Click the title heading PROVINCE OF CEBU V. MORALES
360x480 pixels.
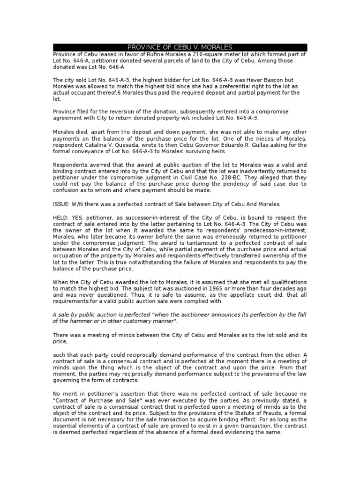click(180, 47)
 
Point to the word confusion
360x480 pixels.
click(67, 190)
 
